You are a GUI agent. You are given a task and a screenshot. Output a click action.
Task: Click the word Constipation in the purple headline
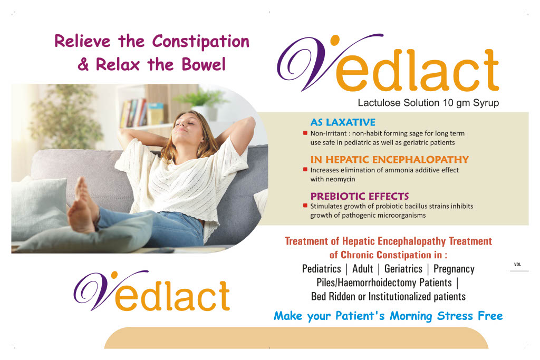point(200,42)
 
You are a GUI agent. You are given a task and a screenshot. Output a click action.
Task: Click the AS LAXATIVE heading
point(343,122)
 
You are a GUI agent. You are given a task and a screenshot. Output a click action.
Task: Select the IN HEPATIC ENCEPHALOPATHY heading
point(389,159)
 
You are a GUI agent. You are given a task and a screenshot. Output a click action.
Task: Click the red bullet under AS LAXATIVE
point(305,133)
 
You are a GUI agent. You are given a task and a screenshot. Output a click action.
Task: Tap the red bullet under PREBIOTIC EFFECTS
point(305,206)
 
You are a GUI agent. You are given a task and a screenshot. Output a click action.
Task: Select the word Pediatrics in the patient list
point(321,269)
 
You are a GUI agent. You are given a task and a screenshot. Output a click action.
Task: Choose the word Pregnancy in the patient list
point(454,269)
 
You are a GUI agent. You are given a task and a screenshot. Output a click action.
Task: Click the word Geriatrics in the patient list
point(403,269)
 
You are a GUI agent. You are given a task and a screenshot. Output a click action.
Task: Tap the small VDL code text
point(518,264)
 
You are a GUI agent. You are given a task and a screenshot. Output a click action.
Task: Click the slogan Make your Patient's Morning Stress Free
point(388,316)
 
